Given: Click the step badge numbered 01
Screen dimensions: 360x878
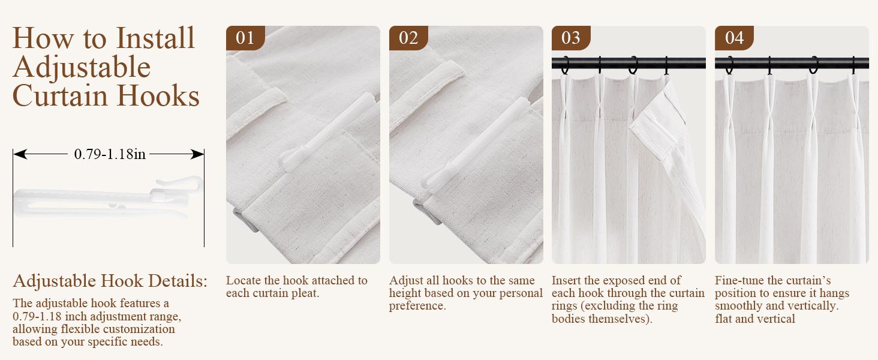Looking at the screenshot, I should (x=245, y=38).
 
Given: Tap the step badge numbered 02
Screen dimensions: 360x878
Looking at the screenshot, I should (x=408, y=38).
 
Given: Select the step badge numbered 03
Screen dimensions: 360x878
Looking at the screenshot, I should (x=570, y=38).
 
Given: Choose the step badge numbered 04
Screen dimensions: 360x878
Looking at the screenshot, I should (x=734, y=38).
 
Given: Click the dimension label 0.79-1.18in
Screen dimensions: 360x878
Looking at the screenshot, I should (x=110, y=154).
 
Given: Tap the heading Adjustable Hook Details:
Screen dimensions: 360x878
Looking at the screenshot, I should (x=110, y=281).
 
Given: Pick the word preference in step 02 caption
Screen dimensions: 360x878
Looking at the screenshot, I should (x=417, y=306).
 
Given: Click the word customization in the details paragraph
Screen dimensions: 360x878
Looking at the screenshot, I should (x=139, y=329).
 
